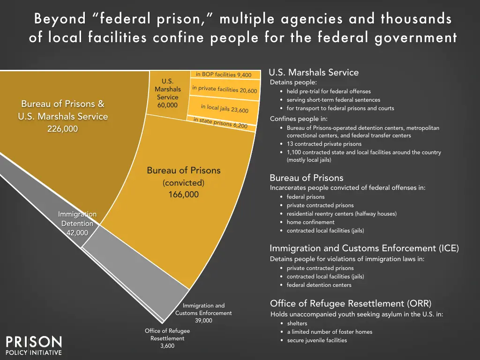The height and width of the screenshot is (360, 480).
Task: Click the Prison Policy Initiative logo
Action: pos(33,345)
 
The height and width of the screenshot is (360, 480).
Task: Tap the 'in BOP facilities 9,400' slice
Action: pos(224,75)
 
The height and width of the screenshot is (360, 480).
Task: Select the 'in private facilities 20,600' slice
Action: pos(225,89)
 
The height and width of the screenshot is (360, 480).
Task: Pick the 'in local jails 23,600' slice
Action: pos(225,108)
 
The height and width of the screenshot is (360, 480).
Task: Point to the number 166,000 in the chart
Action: pos(184,194)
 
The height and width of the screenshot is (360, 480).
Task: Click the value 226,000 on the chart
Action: pos(63,129)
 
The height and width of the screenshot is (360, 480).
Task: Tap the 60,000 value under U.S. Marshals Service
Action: pos(167,105)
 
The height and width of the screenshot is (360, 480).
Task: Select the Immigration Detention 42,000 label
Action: pos(77,223)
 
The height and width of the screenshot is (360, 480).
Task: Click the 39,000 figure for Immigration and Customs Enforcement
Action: pos(203,321)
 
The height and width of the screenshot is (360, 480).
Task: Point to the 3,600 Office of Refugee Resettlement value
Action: pos(167,346)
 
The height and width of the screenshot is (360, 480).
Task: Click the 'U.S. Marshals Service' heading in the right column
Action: pos(314,73)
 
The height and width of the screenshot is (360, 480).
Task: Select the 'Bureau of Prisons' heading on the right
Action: pos(307,178)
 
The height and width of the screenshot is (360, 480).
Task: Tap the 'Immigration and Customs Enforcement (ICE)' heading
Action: pos(364,248)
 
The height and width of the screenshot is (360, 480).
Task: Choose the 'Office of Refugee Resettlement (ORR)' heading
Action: pos(351,303)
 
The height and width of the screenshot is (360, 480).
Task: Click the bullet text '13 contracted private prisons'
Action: pos(324,144)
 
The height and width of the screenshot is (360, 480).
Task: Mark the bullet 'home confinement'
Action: pos(310,222)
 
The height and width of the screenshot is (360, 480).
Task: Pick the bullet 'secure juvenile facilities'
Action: pos(317,340)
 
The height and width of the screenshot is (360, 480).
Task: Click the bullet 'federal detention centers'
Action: pos(319,285)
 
